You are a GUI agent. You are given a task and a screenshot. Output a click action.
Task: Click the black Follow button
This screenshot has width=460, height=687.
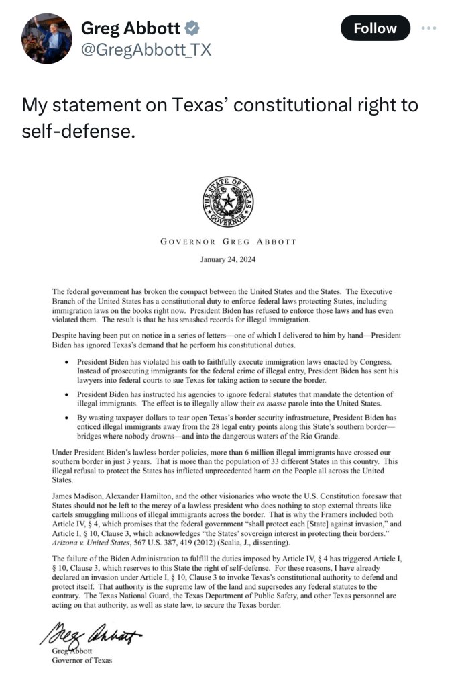click(x=375, y=28)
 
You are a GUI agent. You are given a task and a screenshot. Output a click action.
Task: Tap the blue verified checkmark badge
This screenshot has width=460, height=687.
click(x=192, y=28)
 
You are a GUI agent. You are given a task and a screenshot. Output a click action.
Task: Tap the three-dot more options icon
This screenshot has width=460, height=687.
click(x=429, y=28)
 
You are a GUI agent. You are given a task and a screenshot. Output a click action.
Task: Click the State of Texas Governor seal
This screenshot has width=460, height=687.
click(x=228, y=201)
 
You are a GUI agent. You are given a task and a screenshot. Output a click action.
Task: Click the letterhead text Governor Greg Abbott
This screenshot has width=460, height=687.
click(x=228, y=242)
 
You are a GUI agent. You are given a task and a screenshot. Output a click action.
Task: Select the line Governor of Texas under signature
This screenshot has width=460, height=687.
click(x=82, y=660)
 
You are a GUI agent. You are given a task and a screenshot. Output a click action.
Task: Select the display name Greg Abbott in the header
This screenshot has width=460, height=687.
click(x=130, y=28)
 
